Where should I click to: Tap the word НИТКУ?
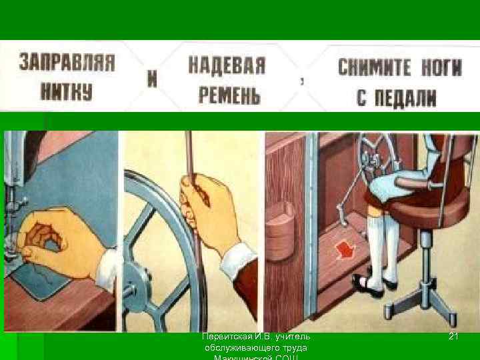tap(67, 92)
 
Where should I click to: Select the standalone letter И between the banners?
tap(152, 79)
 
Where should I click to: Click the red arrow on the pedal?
tap(345, 251)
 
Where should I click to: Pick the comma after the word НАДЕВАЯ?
tap(304, 82)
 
